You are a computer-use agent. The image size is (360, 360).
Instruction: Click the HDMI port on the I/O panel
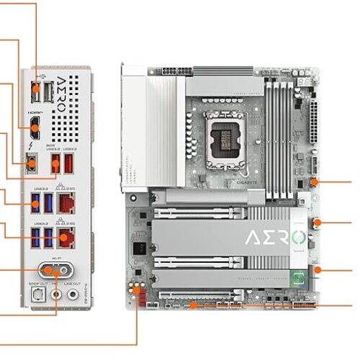pos(35,130)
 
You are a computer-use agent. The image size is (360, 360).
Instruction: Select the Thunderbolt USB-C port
pos(32,164)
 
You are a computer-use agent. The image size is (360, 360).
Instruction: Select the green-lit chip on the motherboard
pos(297,277)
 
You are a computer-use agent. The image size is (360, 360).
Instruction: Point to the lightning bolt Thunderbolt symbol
pos(32,148)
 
